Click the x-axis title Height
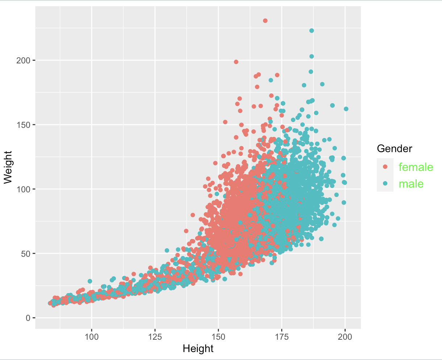pos(198,349)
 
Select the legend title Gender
pos(394,148)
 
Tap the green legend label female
pos(416,167)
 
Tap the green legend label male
pos(411,184)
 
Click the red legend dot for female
pos(385,167)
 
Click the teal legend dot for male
pos(385,183)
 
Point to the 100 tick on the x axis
pos(91,337)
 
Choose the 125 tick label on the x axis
pos(155,337)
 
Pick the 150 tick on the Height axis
pos(218,337)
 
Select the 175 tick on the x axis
pos(282,337)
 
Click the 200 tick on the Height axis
pos(345,337)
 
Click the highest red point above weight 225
pos(265,21)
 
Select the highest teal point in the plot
pos(312,31)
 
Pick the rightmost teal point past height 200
pos(346,109)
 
